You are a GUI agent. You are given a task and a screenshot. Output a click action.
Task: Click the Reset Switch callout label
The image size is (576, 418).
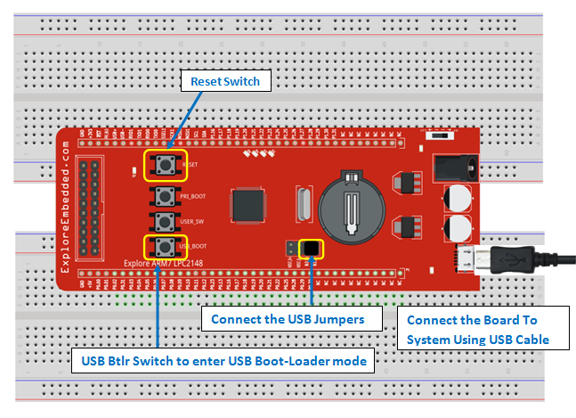click(225, 81)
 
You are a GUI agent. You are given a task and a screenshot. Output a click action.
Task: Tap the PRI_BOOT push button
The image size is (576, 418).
click(163, 194)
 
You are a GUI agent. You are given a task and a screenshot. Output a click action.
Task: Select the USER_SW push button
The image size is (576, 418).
click(163, 219)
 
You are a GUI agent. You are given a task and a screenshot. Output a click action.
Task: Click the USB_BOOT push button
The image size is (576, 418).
click(163, 245)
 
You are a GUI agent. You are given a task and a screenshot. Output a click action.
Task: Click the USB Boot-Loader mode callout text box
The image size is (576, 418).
click(222, 361)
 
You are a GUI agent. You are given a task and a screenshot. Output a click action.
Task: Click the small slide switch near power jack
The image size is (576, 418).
click(436, 135)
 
